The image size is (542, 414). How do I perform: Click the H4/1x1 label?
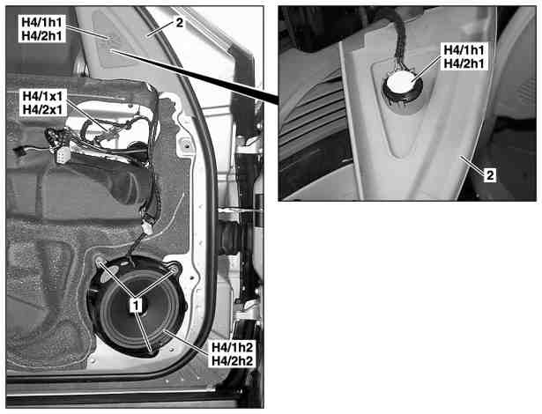[x=42, y=95]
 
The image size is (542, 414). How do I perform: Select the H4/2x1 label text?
[x=42, y=109]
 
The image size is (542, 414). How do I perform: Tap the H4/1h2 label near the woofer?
[x=232, y=347]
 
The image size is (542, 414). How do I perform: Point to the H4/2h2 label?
[x=232, y=361]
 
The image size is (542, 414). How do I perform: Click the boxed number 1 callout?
[x=137, y=305]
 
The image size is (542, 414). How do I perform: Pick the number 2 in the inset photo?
[x=490, y=175]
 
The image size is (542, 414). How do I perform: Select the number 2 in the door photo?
[x=180, y=23]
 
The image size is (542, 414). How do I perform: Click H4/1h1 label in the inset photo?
[x=464, y=50]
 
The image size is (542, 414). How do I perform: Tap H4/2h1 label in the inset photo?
[x=464, y=63]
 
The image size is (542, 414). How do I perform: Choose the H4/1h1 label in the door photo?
[x=41, y=22]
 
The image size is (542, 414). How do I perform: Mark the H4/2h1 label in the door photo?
[x=41, y=35]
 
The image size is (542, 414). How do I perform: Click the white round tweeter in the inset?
[x=403, y=82]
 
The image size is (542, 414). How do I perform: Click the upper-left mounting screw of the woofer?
[x=100, y=262]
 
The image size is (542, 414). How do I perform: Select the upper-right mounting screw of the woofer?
[x=174, y=268]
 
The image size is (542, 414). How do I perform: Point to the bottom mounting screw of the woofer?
[x=152, y=351]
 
